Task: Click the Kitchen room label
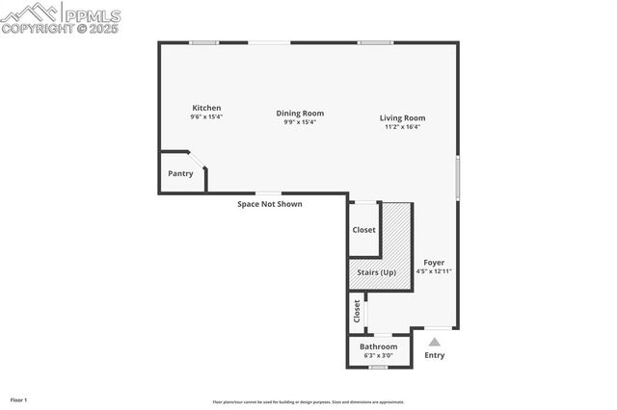pos(206,108)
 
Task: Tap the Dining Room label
pos(300,114)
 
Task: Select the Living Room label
pos(402,118)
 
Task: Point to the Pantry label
pos(180,174)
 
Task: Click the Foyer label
pos(434,263)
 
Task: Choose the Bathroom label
pos(378,346)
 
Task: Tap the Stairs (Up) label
pos(377,272)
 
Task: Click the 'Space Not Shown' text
pos(270,204)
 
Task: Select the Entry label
pos(435,355)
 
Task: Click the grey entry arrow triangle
pos(435,341)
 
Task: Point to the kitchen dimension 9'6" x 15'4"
pos(206,116)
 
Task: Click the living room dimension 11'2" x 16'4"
pos(402,127)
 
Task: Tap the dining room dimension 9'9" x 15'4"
pos(300,122)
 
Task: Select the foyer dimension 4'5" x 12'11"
pos(434,271)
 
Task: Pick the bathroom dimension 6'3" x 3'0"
pos(378,355)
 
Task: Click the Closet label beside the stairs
pos(363,230)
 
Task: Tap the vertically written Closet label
pos(357,311)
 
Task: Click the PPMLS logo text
pos(92,15)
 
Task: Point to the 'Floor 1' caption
pos(19,399)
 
